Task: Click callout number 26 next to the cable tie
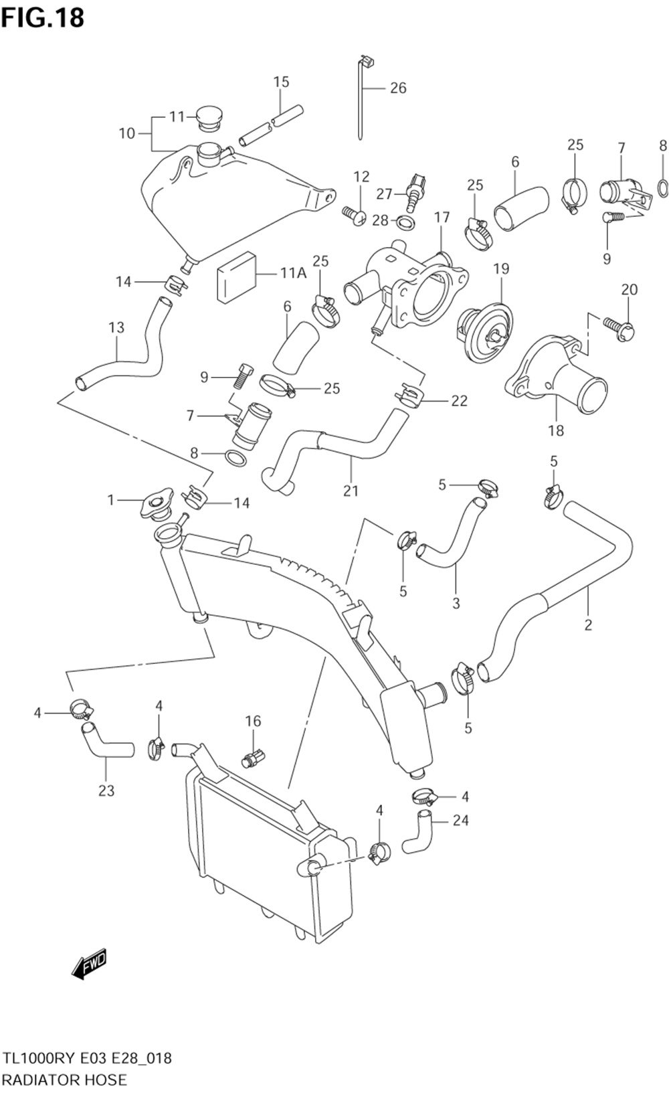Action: coord(398,88)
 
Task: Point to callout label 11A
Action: coord(294,273)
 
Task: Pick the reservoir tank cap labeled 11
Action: coord(210,118)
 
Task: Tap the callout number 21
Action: coord(351,491)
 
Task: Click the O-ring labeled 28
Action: coord(406,222)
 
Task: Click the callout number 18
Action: coord(556,430)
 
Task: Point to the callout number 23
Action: coord(106,790)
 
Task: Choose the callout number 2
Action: coord(588,624)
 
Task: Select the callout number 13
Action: coord(116,327)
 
